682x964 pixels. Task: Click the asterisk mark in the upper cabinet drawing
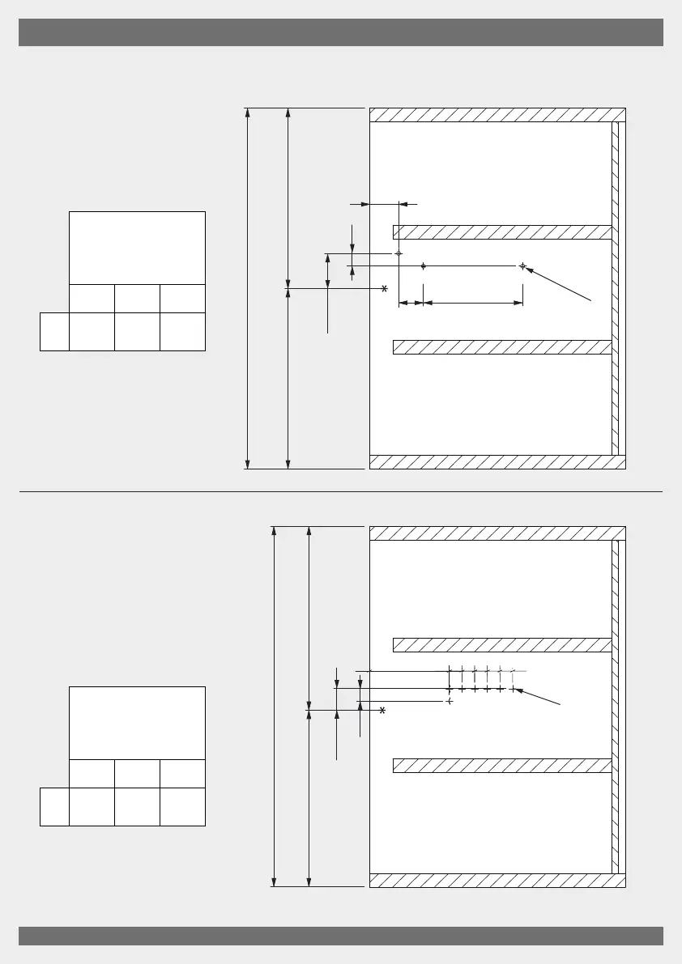point(384,288)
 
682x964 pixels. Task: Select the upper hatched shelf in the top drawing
point(501,232)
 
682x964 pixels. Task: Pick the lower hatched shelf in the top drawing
point(501,347)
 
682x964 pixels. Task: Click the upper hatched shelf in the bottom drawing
point(501,645)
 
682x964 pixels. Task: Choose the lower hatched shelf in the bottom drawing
point(501,766)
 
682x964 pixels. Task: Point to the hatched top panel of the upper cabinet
point(497,114)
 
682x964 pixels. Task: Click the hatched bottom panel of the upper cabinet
point(497,462)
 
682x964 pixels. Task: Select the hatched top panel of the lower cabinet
point(497,533)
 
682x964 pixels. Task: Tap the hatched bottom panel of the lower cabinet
point(497,881)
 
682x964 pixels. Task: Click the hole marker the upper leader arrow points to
point(522,265)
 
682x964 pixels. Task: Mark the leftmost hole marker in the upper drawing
point(398,253)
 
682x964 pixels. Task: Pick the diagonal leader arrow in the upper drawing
point(559,283)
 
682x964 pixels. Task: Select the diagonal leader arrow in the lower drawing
point(539,699)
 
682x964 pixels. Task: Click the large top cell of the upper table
point(137,248)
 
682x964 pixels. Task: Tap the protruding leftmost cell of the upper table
point(54,332)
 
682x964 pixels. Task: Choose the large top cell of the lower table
point(137,723)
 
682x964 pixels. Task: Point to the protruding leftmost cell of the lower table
point(54,806)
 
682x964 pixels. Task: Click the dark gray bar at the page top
point(341,33)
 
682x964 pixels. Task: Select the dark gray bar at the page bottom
point(341,936)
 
